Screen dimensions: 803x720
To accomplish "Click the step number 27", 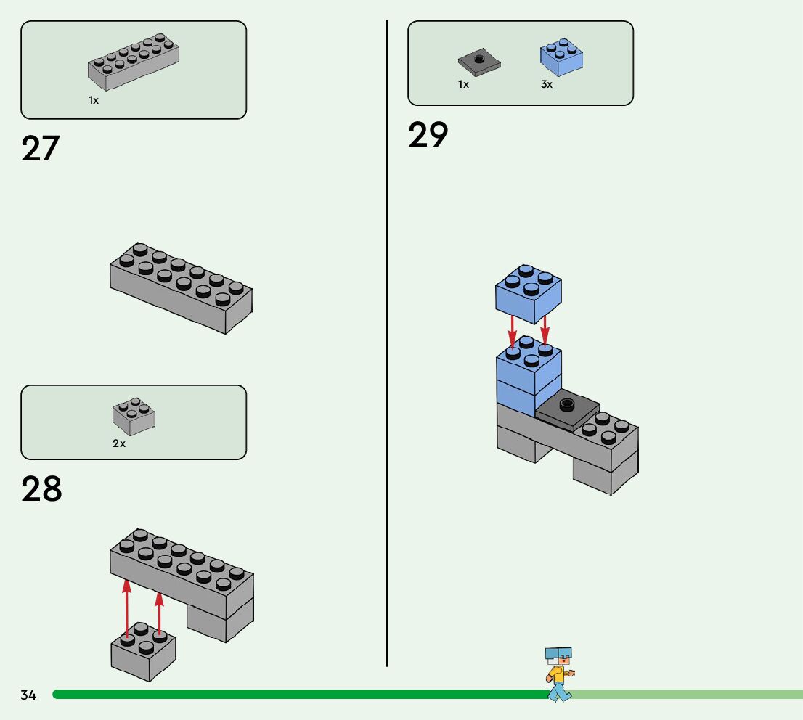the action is tap(41, 149).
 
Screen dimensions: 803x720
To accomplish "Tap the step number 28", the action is tap(41, 488).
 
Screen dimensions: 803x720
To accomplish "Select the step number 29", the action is tap(428, 135).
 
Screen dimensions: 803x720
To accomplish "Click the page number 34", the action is tap(28, 695).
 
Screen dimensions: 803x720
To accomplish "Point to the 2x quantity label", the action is tap(119, 443).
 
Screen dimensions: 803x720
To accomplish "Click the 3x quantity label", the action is tap(547, 84).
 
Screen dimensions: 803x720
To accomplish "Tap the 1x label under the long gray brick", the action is tap(93, 100).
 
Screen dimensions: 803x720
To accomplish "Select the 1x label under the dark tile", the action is tap(463, 84).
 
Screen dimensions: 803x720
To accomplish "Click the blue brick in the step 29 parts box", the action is tap(561, 57).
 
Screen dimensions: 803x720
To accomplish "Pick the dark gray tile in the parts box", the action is tap(479, 62).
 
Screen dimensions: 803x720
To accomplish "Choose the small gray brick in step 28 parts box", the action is tap(134, 417).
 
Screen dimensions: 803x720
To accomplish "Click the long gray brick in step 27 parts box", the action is tap(134, 62).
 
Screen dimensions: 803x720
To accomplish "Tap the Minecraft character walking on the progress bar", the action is tap(560, 674).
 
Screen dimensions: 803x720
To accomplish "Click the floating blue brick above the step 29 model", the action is tap(529, 294).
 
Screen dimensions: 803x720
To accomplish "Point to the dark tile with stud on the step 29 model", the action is tap(568, 409).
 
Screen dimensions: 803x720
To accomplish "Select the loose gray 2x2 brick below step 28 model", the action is tap(144, 652).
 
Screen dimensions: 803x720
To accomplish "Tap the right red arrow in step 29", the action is tap(545, 330).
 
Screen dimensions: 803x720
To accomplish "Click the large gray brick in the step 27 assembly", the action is tap(182, 288).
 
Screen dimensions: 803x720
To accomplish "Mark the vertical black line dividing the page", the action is tap(387, 343).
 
